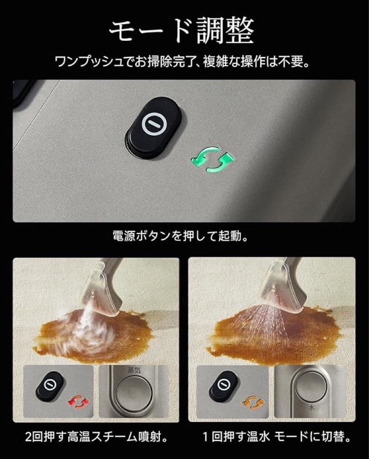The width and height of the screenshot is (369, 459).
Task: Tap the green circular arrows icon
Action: point(213,162)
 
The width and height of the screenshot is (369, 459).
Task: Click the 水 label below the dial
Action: point(312,406)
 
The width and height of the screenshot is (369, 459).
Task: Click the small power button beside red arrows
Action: point(50,385)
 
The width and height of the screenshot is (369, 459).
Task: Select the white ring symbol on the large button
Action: point(152,125)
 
